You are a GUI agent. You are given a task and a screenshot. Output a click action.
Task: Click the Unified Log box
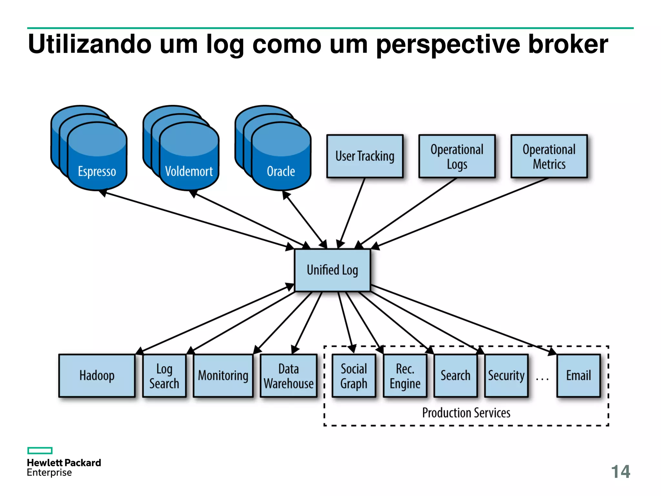click(x=332, y=270)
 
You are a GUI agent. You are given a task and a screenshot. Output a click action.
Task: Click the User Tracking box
click(x=365, y=156)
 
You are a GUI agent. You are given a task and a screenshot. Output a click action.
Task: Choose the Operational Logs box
click(x=457, y=156)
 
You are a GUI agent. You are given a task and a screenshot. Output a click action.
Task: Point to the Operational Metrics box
click(x=549, y=156)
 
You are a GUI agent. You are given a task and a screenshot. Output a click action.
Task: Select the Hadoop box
click(x=97, y=376)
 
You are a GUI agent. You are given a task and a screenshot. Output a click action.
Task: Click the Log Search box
click(x=164, y=376)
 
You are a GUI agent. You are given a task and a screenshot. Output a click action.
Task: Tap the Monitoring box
click(x=223, y=376)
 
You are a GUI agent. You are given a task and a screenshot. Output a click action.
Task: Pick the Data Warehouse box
click(x=289, y=376)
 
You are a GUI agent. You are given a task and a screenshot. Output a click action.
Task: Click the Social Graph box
click(x=354, y=376)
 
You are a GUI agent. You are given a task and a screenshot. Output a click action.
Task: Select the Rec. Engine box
click(x=405, y=376)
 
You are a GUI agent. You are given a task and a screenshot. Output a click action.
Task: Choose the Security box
click(x=506, y=376)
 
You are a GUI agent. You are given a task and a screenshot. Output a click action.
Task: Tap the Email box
click(x=578, y=376)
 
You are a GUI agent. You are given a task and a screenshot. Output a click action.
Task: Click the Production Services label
click(x=466, y=413)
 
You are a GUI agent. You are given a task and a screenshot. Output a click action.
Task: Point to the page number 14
click(x=620, y=472)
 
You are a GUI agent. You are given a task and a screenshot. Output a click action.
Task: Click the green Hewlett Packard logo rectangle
click(x=40, y=450)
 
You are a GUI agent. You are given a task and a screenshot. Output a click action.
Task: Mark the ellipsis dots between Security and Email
click(x=542, y=379)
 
